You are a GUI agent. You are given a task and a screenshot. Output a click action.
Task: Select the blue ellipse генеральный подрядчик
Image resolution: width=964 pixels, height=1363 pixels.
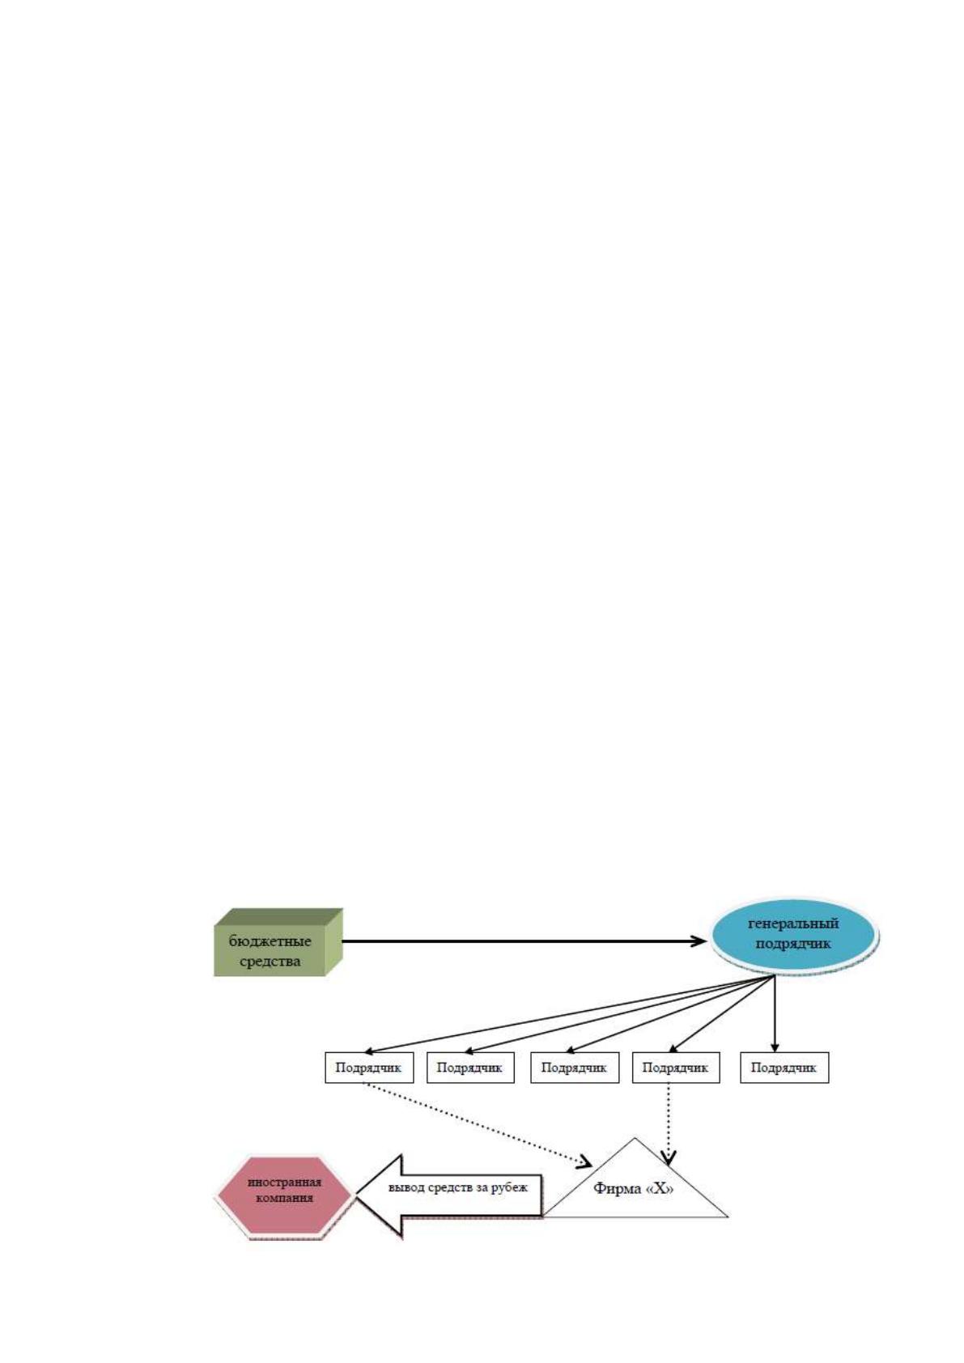(794, 934)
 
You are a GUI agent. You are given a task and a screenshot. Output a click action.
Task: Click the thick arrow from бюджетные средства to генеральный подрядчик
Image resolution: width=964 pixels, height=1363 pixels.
(524, 941)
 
